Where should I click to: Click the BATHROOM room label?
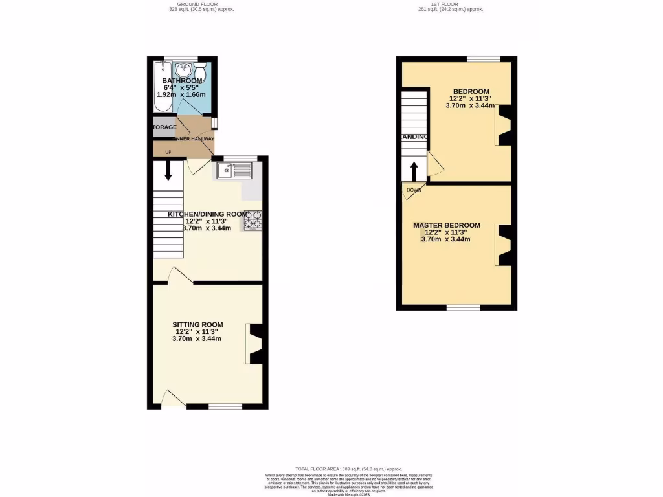[182, 81]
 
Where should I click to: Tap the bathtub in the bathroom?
[162, 87]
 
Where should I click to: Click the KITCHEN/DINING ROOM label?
[207, 214]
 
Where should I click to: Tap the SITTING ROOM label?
[197, 325]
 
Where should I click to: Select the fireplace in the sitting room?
[255, 343]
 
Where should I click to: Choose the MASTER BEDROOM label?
[447, 225]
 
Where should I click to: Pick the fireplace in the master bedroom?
[504, 245]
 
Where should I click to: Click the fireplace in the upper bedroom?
[504, 125]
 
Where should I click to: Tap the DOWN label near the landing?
[414, 190]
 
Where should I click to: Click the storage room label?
[164, 127]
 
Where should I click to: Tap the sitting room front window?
[225, 406]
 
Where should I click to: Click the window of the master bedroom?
[463, 307]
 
